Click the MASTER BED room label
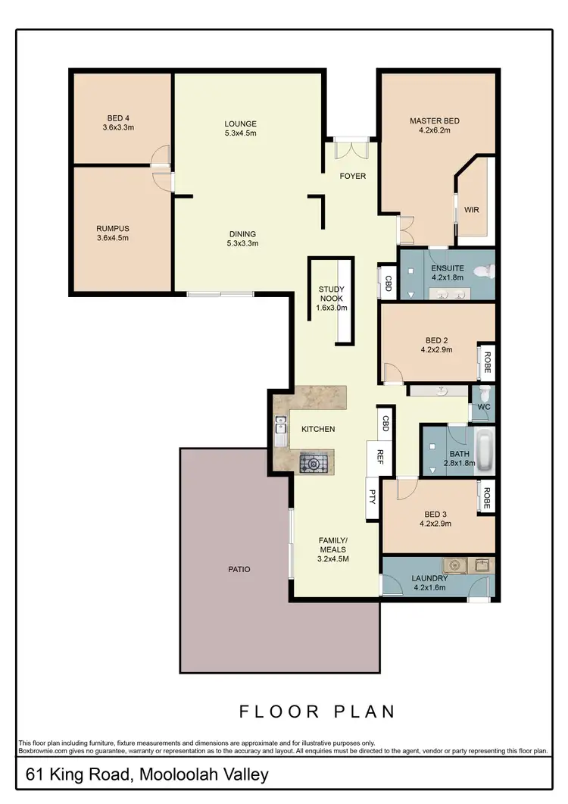point(434,120)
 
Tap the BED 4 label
point(118,117)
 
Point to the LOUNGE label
point(241,124)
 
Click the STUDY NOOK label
point(332,293)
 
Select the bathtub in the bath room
point(484,452)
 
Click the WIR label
point(472,210)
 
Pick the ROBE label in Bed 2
point(487,362)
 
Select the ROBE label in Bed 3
point(487,497)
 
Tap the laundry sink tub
point(455,565)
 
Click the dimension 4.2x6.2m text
point(434,130)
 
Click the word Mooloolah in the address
point(168,775)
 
